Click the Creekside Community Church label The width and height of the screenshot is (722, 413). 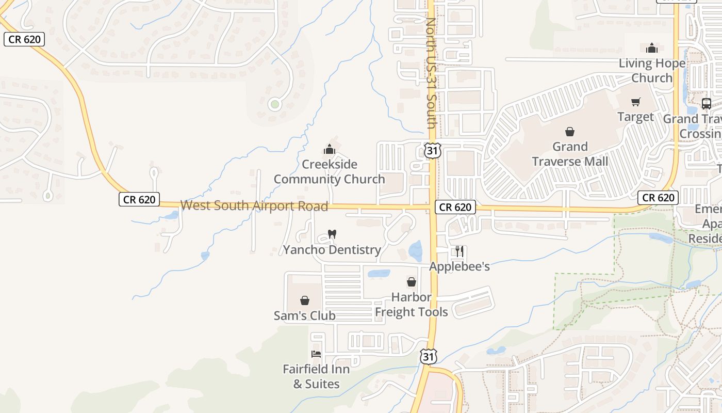329,172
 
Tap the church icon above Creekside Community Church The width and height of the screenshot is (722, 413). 329,150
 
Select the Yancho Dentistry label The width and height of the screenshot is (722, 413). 332,250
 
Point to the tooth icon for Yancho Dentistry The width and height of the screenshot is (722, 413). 332,234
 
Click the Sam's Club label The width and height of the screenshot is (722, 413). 304,315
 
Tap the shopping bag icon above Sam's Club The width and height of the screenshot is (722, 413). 305,300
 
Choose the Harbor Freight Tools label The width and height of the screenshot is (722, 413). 411,305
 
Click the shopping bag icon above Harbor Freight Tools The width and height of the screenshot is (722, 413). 412,282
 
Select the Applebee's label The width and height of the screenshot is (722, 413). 460,266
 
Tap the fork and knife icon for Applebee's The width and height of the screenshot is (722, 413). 459,251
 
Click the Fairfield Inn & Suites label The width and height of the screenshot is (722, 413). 316,376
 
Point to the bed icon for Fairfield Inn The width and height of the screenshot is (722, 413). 316,354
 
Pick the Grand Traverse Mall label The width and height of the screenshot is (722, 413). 570,154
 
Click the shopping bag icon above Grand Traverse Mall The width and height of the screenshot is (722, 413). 570,132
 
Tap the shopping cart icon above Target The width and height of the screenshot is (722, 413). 635,102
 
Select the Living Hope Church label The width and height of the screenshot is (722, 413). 652,71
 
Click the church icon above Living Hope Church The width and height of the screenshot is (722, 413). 652,49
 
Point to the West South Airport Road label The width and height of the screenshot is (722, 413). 254,206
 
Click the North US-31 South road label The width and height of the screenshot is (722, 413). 431,73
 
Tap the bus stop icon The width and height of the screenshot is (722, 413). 707,103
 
